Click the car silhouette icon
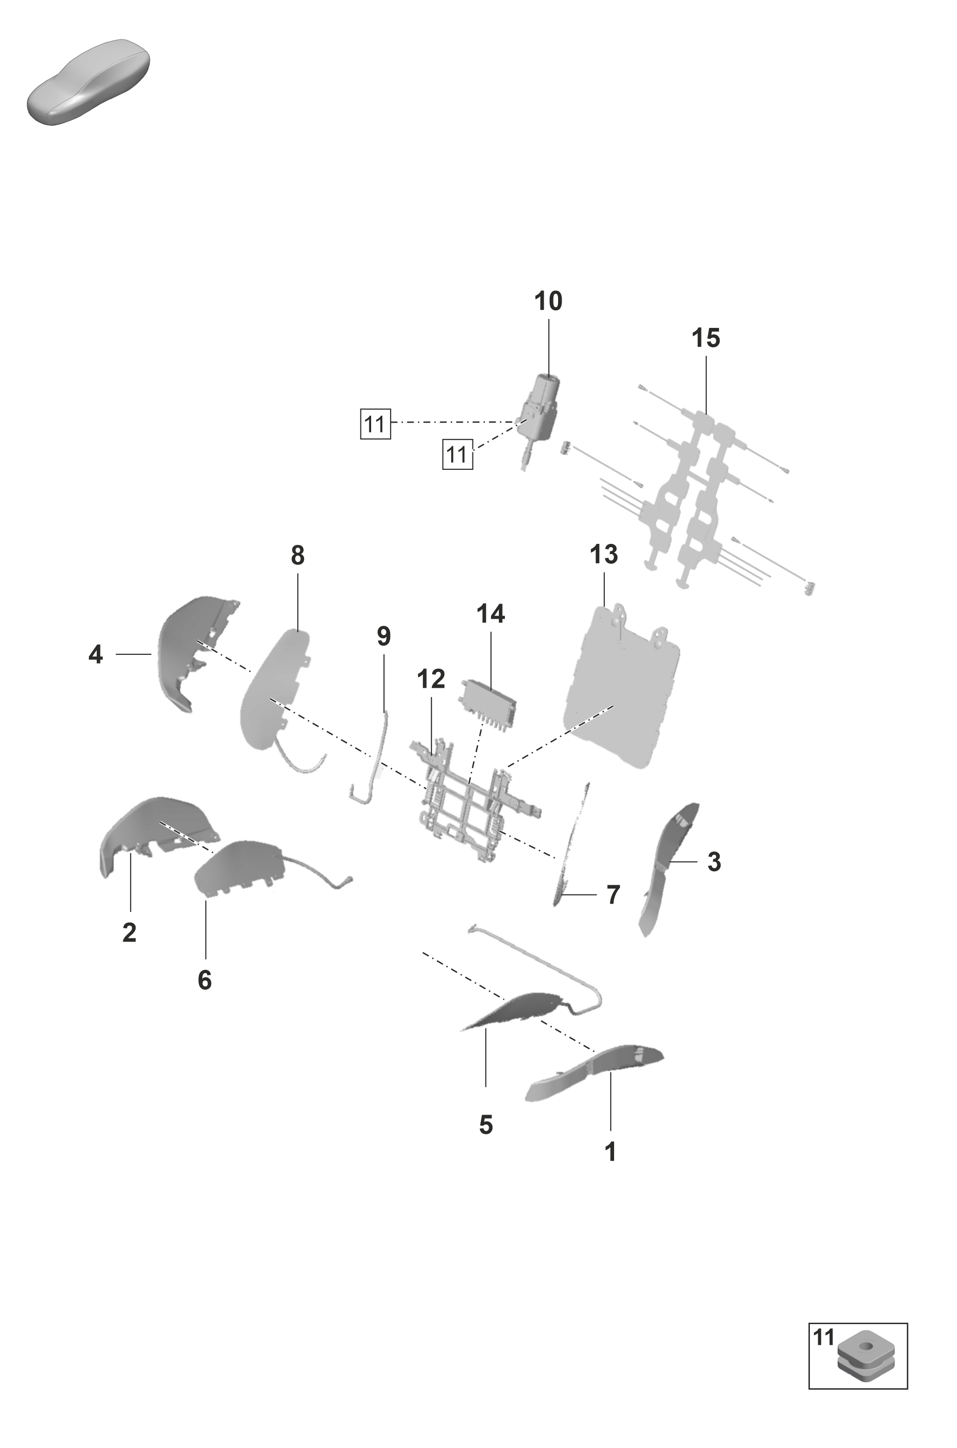click(88, 82)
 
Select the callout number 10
click(548, 302)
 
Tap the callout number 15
click(706, 339)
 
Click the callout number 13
click(603, 555)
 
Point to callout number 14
click(491, 614)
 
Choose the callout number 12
click(431, 679)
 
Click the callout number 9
click(383, 636)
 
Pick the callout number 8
click(297, 555)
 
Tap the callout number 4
click(96, 655)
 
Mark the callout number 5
click(486, 1125)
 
